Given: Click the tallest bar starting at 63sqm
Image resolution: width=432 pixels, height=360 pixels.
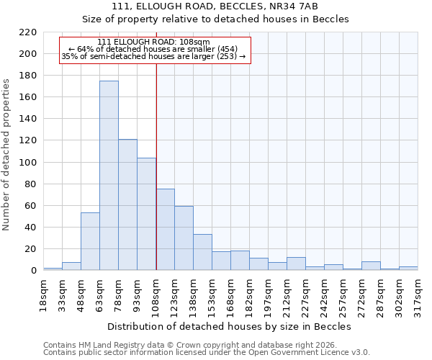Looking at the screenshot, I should point(109,176).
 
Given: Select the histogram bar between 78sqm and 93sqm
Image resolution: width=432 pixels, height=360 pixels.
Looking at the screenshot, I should point(127,205).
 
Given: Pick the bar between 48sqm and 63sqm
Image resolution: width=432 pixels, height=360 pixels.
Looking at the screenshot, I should point(90,241).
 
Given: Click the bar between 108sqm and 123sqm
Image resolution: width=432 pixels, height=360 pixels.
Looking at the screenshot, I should point(165,230).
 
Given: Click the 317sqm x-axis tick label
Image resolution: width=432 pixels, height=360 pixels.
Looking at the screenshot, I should point(423,294).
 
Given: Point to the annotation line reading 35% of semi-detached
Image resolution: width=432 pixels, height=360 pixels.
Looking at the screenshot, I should point(153,56).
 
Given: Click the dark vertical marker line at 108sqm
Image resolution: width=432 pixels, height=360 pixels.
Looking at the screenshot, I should point(156,166).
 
